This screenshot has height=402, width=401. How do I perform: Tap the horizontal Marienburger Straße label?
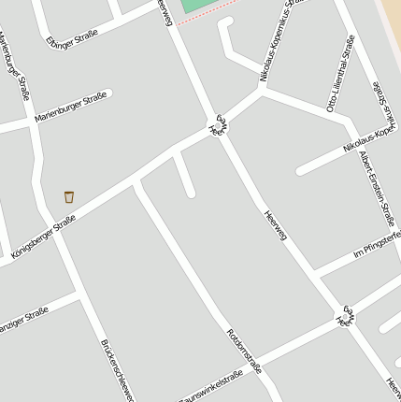point(70,108)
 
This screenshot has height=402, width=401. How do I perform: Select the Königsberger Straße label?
point(43,237)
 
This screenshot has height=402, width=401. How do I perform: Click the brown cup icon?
point(69,196)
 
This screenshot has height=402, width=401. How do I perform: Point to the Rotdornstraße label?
point(244,351)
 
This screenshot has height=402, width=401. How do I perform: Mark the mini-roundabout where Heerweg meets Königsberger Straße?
point(218,125)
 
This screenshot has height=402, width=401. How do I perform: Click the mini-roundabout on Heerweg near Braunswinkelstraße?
point(346,315)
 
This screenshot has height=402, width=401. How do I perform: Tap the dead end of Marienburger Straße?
point(109,93)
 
